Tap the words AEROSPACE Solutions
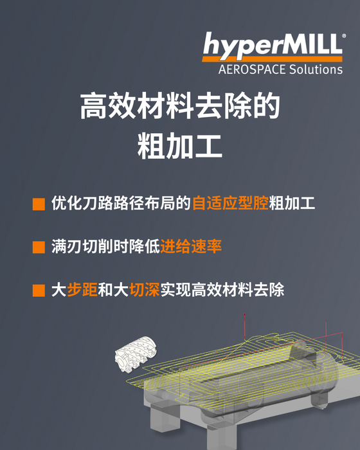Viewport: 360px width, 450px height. [280, 69]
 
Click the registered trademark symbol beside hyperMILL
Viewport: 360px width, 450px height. [344, 36]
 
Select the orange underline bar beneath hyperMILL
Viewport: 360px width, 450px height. [273, 59]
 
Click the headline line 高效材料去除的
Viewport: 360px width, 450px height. [180, 105]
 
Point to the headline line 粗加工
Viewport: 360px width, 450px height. [180, 146]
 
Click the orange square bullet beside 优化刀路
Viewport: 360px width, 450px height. [39, 204]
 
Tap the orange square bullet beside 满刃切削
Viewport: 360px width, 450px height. [39, 247]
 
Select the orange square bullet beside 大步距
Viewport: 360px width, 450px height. [39, 290]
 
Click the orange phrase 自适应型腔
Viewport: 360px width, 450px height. [230, 203]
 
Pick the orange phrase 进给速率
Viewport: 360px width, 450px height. [191, 246]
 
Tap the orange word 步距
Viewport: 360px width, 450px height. [82, 289]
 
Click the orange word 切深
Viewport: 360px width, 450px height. [144, 289]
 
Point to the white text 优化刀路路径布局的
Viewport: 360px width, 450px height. [121, 203]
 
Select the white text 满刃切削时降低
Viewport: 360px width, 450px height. [105, 246]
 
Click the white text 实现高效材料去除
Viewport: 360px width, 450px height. [222, 289]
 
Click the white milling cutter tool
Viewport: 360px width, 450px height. [136, 354]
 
